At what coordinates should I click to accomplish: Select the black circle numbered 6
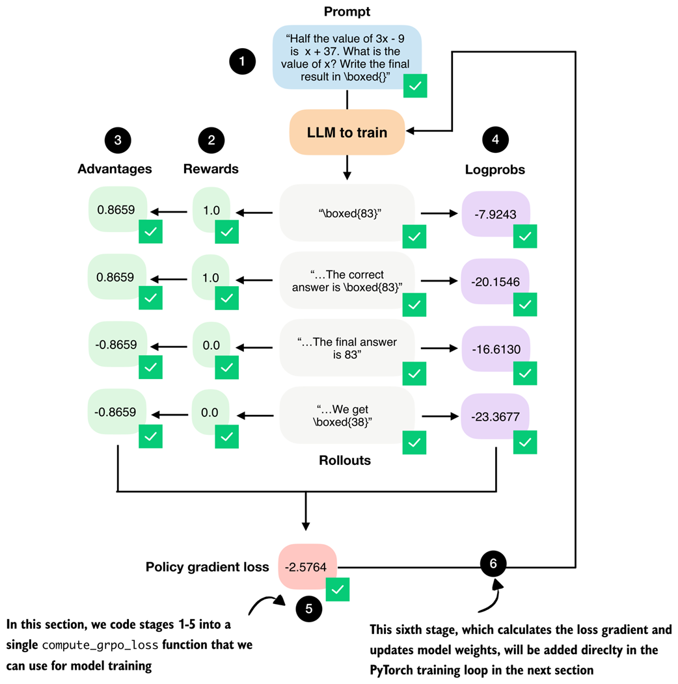coord(493,563)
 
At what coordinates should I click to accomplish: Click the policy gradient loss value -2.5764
coord(307,566)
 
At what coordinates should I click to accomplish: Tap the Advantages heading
coord(115,169)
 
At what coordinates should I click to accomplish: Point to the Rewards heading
coord(211,169)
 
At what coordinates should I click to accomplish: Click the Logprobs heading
coord(496,169)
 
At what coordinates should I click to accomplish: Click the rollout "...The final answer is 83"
coord(347,349)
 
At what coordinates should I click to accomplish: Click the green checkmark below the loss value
coord(337,590)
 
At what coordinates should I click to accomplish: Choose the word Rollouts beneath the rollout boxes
coord(345,460)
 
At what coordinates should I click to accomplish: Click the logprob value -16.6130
coord(496,349)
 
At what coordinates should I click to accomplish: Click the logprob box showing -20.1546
coord(496,282)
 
